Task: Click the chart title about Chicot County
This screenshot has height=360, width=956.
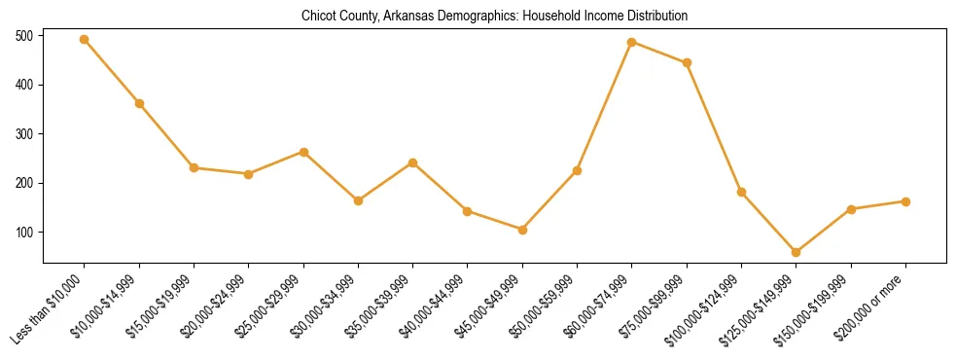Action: (495, 17)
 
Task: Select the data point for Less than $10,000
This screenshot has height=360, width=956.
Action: (85, 40)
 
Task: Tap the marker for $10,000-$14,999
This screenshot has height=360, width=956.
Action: (139, 103)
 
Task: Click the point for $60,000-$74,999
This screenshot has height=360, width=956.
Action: (632, 42)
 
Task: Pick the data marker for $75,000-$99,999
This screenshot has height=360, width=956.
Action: (687, 62)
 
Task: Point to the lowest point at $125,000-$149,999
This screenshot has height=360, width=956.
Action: (797, 252)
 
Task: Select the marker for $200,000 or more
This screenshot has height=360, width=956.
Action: (905, 201)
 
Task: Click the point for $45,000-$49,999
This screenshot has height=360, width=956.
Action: (522, 230)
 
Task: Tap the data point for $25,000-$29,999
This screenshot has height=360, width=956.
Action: (303, 152)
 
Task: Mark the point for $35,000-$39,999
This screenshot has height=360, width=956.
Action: (413, 162)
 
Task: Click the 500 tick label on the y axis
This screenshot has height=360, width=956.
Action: (24, 36)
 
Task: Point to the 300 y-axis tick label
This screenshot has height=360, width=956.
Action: (24, 134)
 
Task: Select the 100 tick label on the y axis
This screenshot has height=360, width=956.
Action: (24, 233)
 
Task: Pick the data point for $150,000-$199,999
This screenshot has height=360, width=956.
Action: (851, 209)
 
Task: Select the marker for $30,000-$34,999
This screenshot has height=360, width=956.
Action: (358, 200)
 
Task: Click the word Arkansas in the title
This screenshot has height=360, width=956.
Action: (407, 17)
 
